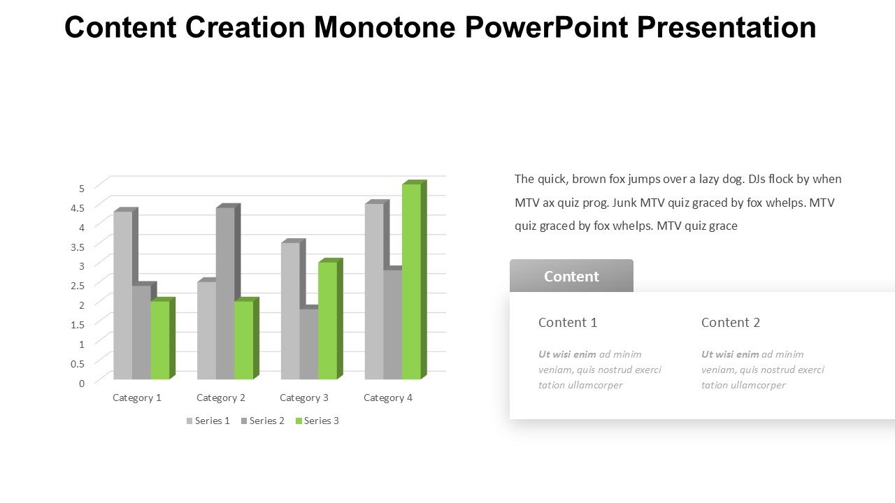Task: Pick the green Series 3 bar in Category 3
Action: [x=328, y=319]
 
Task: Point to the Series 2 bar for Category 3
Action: [x=309, y=343]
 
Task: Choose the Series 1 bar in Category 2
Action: [x=206, y=329]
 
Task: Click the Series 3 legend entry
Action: [x=317, y=421]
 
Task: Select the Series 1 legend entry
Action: [x=208, y=421]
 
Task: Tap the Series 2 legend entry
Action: [x=263, y=421]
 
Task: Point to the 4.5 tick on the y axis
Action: [x=78, y=208]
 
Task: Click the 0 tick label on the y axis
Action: [x=82, y=384]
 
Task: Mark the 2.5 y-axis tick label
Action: [x=78, y=286]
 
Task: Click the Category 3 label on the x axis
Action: [x=304, y=398]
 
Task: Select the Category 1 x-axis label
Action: [x=137, y=398]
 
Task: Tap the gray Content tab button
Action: [x=571, y=276]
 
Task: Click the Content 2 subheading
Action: [x=731, y=323]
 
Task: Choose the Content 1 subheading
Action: [x=568, y=323]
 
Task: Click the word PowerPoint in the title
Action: [x=547, y=27]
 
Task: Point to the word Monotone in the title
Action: [x=385, y=27]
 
